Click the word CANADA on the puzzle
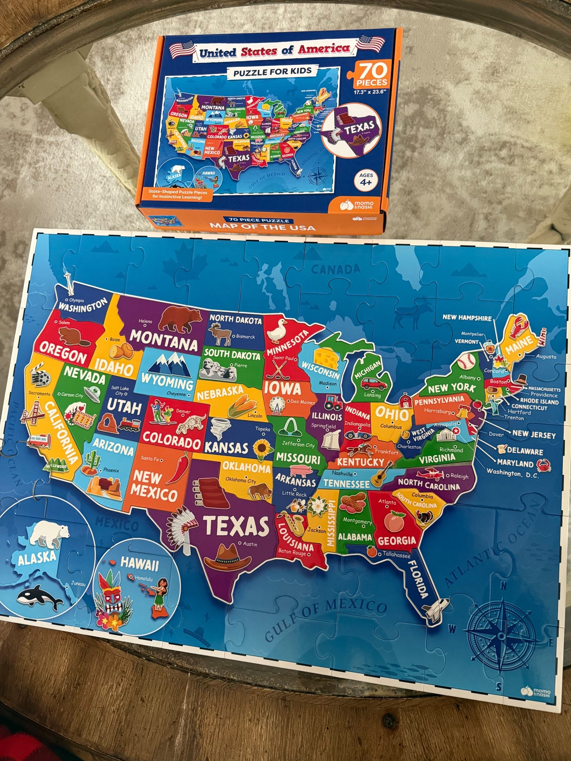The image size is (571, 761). click(x=336, y=268)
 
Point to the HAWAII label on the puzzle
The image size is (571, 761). click(x=140, y=564)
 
